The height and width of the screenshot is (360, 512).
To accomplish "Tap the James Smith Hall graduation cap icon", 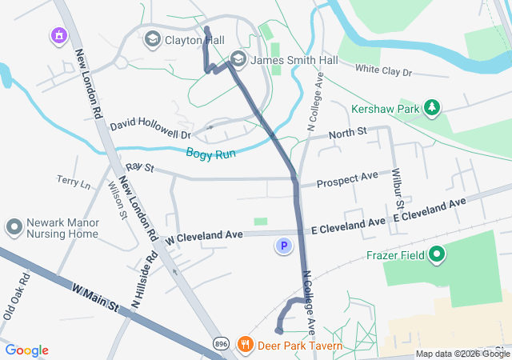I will pyautogui.click(x=238, y=58).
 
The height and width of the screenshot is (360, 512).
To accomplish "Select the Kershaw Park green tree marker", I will pyautogui.click(x=432, y=106).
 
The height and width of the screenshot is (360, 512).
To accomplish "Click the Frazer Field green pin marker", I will pyautogui.click(x=436, y=255).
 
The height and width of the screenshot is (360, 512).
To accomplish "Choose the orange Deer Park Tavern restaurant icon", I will pyautogui.click(x=245, y=346).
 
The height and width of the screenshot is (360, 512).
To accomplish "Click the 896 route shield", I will pyautogui.click(x=221, y=344).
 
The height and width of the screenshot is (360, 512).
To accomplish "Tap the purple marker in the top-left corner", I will pyautogui.click(x=58, y=35).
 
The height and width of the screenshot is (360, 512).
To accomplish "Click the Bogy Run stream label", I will pyautogui.click(x=210, y=153).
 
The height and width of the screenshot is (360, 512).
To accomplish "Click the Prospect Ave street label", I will pyautogui.click(x=347, y=182).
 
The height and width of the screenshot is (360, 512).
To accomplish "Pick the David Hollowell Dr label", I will pyautogui.click(x=150, y=125).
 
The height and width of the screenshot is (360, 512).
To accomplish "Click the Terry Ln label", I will pyautogui.click(x=74, y=182).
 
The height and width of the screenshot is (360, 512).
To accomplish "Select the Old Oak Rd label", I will pyautogui.click(x=16, y=297).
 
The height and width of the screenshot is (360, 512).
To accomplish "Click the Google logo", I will pyautogui.click(x=26, y=350).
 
